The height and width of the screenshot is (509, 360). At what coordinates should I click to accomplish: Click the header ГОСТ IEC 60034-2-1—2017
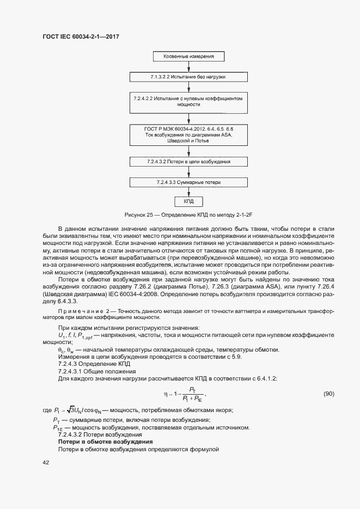[80, 37]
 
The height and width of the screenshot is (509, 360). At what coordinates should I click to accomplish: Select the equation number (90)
[329, 394]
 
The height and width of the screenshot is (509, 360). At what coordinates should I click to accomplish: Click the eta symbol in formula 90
[165, 394]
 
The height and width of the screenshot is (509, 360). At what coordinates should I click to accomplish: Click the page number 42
[46, 462]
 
